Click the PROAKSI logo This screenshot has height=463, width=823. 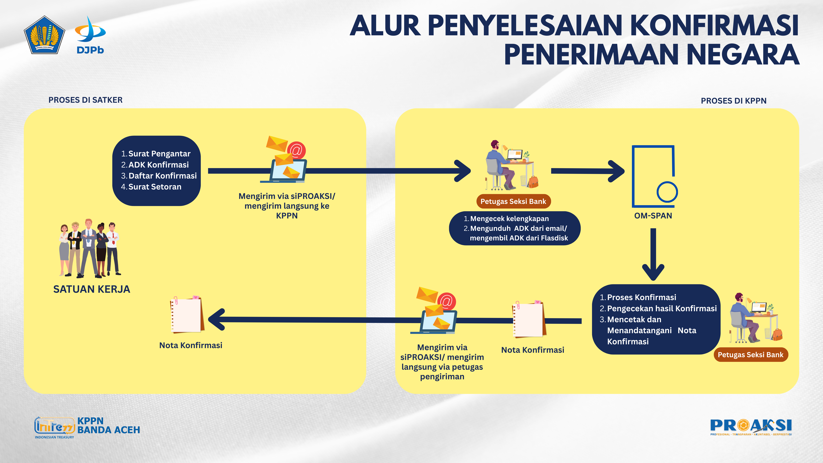click(x=751, y=427)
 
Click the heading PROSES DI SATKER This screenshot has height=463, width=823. click(x=85, y=100)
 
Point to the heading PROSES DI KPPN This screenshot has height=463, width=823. click(x=733, y=101)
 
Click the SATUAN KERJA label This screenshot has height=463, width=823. click(x=92, y=289)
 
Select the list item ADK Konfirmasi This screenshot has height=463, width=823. click(x=158, y=165)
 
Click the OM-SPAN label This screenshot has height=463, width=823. click(x=653, y=216)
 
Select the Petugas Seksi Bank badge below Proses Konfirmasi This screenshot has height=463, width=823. click(x=750, y=355)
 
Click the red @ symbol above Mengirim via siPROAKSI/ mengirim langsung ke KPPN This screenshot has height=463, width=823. click(x=296, y=150)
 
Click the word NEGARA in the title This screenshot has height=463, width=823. click(x=742, y=55)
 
